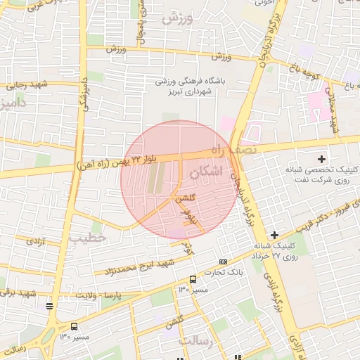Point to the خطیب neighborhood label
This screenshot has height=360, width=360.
[x=87, y=238]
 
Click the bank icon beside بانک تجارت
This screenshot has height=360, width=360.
[x=224, y=262]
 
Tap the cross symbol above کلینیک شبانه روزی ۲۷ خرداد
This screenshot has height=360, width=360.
[x=274, y=234]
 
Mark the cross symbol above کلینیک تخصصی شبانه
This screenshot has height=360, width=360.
[x=322, y=160]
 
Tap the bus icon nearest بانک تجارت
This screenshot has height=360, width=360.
[x=193, y=279]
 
